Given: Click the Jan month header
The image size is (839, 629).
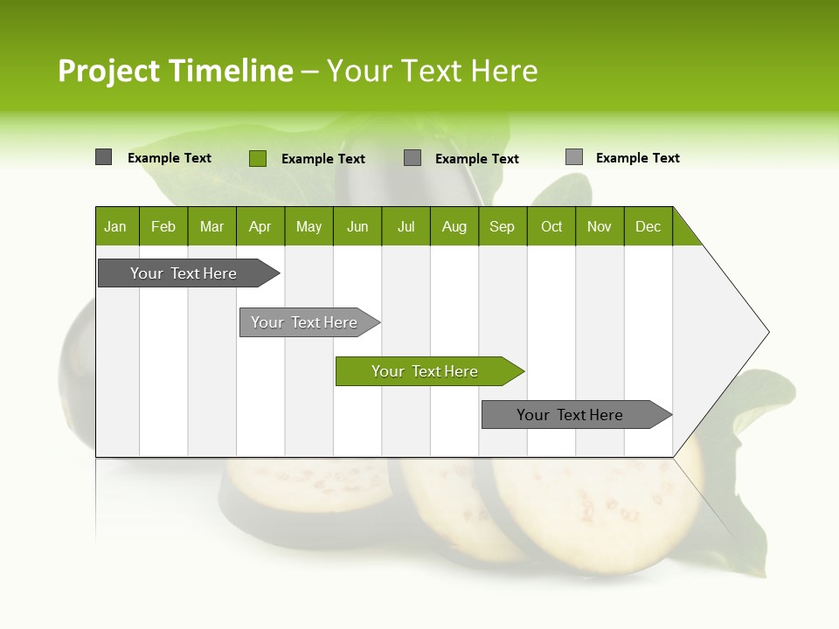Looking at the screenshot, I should [115, 226].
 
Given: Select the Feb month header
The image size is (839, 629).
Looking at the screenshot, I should [163, 226].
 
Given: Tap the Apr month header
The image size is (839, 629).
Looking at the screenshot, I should [260, 226].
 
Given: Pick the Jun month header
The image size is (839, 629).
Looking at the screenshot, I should [357, 226].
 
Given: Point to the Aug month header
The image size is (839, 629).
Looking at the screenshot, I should [454, 226].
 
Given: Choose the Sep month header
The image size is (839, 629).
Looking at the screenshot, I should [503, 226].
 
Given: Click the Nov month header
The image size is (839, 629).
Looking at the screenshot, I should [600, 226].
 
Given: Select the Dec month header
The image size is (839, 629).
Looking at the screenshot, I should [648, 226].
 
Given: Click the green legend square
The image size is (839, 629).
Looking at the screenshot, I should [257, 158].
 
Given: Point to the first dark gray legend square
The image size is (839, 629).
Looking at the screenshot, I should [103, 157].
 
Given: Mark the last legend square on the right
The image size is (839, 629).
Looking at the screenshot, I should [573, 157].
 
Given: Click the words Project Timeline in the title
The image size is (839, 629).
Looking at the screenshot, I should [175, 71].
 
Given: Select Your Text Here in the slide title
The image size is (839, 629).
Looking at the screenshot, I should [433, 71].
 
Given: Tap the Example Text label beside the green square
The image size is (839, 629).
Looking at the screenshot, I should [322, 159].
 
